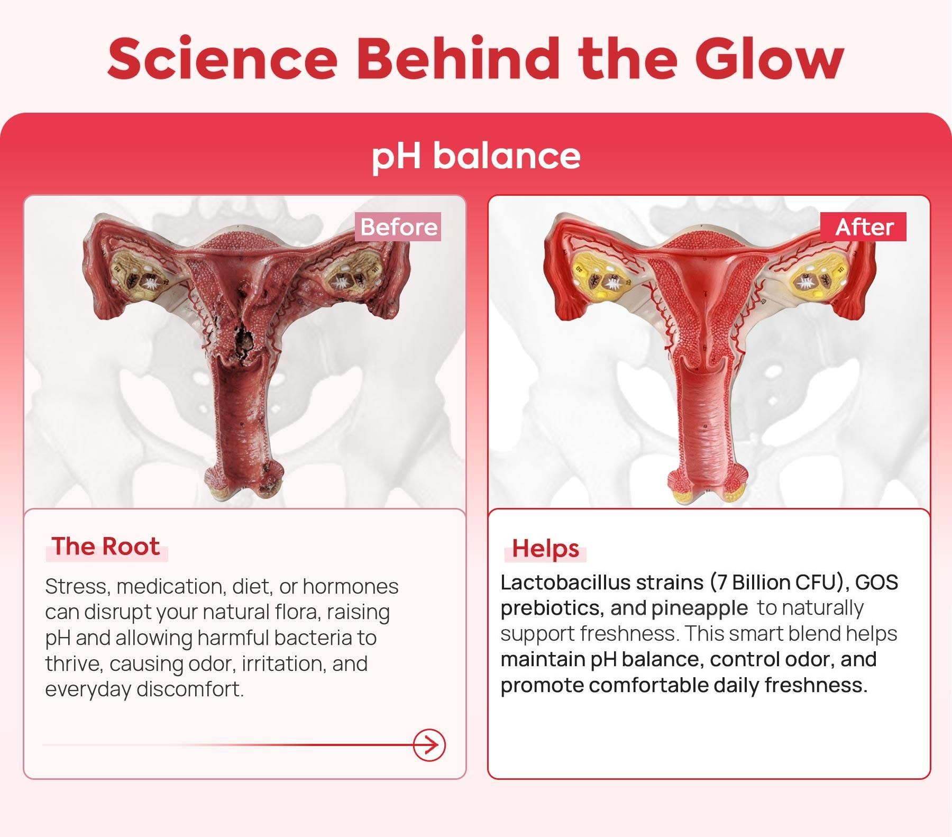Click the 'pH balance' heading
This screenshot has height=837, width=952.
(476, 157)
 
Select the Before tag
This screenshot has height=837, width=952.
(399, 227)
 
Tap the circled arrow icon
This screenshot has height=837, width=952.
(429, 745)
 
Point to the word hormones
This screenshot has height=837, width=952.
(351, 587)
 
